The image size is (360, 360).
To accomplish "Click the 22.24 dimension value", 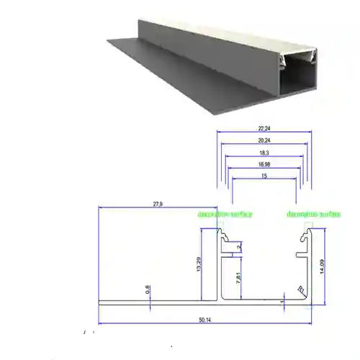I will click(x=262, y=129).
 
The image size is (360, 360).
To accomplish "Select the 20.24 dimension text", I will click(x=262, y=141).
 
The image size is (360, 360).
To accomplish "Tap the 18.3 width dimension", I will click(x=262, y=153).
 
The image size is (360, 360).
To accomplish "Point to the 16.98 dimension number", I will click(x=262, y=165).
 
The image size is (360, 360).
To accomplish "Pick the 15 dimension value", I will click(x=264, y=176).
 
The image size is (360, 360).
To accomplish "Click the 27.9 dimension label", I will click(x=158, y=204).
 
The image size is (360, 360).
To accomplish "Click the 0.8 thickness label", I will click(x=148, y=289).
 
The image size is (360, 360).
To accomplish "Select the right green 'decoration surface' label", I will click(x=312, y=215).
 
